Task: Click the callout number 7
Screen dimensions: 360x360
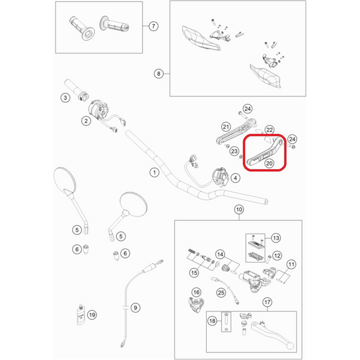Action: [x=153, y=26]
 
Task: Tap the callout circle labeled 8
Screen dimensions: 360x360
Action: [x=158, y=74]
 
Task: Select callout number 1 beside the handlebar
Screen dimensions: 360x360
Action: [x=154, y=172]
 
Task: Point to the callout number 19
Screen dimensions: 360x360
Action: [x=92, y=315]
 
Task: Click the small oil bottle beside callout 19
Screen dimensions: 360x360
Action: [x=81, y=315]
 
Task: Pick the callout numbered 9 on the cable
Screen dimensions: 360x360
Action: [x=135, y=308]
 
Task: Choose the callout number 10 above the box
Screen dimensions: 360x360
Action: [x=239, y=209]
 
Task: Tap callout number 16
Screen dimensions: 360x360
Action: [x=196, y=292]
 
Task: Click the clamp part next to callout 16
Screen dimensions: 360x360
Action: [x=196, y=304]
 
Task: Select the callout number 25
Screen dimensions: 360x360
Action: [x=221, y=293]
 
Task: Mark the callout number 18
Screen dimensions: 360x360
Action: [x=212, y=321]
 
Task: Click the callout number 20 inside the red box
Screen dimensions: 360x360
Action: [x=269, y=163]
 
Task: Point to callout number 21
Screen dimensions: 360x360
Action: [x=226, y=127]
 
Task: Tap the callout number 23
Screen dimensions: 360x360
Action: [x=234, y=151]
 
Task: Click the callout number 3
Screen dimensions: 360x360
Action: [x=65, y=98]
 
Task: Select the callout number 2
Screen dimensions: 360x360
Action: [x=86, y=121]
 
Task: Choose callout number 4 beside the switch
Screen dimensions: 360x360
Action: [x=236, y=178]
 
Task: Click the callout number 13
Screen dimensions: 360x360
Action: [x=276, y=238]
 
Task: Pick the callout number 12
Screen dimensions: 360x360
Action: [x=277, y=256]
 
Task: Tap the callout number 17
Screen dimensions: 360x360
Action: [x=267, y=302]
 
